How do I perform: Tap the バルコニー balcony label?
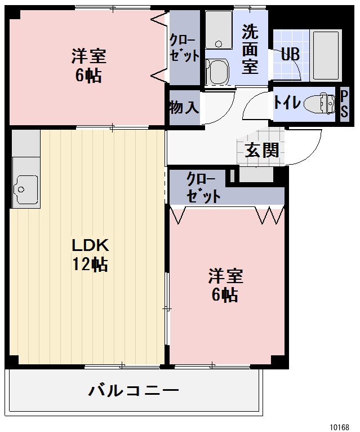point(134,390)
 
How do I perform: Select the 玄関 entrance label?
point(261,150)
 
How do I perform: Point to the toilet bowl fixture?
point(321,104)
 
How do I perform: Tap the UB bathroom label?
point(290,55)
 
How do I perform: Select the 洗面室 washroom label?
point(250,49)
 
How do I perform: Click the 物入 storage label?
point(184,107)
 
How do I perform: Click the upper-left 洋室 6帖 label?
point(88,66)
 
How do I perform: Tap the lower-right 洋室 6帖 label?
point(225,285)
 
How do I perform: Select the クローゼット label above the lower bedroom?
point(203,188)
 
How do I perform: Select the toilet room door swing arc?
point(256,102)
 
